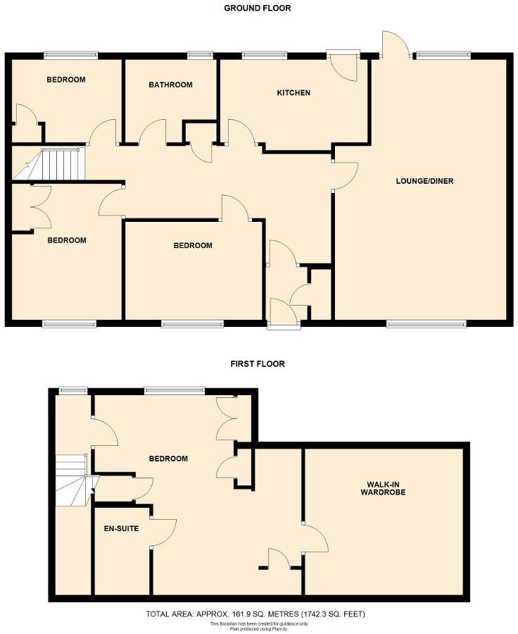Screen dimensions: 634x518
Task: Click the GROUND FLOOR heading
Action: click(x=257, y=8)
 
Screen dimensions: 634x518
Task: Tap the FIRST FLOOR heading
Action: click(x=257, y=364)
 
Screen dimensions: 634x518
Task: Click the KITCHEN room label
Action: click(x=293, y=93)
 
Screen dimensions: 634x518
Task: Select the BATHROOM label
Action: click(x=170, y=85)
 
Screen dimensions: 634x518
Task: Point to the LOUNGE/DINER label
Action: click(x=424, y=181)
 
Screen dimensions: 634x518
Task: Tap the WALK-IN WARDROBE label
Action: click(x=385, y=487)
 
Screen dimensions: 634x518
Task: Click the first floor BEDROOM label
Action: click(x=168, y=459)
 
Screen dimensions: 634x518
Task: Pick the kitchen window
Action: click(x=265, y=54)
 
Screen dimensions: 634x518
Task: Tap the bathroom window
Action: click(x=201, y=54)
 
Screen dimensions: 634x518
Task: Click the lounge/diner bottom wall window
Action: click(x=426, y=324)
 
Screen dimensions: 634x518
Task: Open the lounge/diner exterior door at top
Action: click(x=395, y=44)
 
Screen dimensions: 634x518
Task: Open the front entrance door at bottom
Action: click(x=284, y=313)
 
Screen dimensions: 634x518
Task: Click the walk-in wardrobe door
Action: click(x=315, y=540)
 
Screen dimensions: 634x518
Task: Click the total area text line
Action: click(x=256, y=614)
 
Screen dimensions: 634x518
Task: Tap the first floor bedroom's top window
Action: click(x=175, y=389)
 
